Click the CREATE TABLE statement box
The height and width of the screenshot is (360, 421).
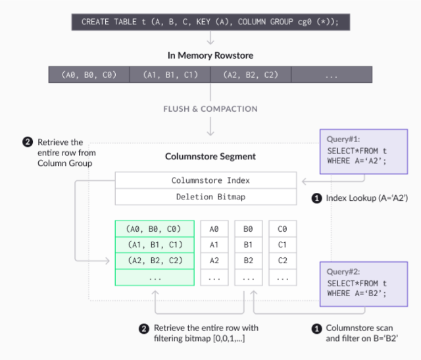(210, 21)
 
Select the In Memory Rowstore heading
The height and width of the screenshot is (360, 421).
(210, 55)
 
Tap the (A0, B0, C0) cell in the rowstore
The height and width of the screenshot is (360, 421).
(89, 75)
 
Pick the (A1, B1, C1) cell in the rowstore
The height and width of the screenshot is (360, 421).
(170, 75)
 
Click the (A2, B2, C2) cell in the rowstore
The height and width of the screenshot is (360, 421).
(251, 75)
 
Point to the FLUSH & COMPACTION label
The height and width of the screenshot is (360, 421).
(210, 109)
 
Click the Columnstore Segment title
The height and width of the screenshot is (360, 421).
(210, 157)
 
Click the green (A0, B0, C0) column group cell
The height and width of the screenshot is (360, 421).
(155, 229)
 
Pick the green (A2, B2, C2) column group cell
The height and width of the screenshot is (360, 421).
(155, 261)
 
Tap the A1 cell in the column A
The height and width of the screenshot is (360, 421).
(214, 245)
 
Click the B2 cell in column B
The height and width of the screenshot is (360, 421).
(248, 261)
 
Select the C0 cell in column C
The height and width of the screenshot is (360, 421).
(282, 229)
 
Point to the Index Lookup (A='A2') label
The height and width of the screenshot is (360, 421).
(367, 198)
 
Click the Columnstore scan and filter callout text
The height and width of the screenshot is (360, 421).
(361, 333)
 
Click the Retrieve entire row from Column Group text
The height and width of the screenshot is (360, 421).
(59, 152)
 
